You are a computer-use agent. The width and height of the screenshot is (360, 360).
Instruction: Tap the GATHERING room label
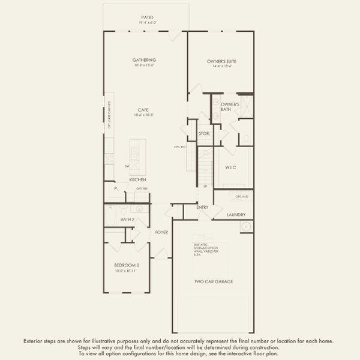click(x=144, y=59)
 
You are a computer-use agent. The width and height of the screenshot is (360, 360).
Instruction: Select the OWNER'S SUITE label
click(x=221, y=61)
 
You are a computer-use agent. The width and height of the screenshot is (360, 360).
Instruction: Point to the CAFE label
click(x=143, y=109)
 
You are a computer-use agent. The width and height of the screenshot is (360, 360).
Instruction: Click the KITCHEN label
click(x=137, y=180)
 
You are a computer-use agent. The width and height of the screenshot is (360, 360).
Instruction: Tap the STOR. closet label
click(x=203, y=134)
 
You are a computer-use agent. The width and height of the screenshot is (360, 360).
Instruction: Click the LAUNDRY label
click(x=235, y=214)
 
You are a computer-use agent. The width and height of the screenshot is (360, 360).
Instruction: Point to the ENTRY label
click(x=203, y=208)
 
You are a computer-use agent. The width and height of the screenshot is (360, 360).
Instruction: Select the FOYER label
click(x=161, y=232)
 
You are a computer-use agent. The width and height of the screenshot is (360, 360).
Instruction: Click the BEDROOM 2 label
click(x=127, y=265)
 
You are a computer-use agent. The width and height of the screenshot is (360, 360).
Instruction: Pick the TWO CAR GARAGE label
click(x=213, y=281)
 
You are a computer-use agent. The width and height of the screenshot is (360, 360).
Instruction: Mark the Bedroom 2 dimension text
click(x=127, y=271)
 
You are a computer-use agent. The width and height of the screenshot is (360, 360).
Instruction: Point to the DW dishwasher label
click(x=127, y=166)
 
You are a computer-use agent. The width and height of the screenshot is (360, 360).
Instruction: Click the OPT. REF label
click(x=142, y=188)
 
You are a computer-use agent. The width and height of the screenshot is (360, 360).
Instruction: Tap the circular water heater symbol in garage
click(x=245, y=227)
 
